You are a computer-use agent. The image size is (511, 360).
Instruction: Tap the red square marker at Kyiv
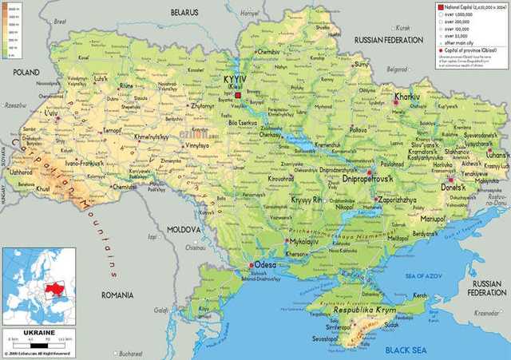pyautogui.click(x=237, y=94)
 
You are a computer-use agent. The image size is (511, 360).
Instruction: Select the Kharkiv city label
pyautogui.click(x=408, y=98)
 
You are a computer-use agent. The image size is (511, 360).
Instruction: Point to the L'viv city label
pyautogui.click(x=50, y=113)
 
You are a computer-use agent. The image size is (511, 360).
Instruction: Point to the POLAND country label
pyautogui.click(x=26, y=72)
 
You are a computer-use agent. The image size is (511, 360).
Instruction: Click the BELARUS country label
pyautogui.click(x=184, y=14)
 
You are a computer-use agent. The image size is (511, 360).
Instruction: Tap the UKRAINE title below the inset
pyautogui.click(x=38, y=331)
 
